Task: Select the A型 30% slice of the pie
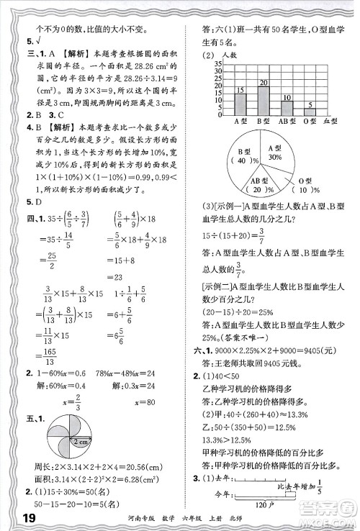[x=274, y=152]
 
